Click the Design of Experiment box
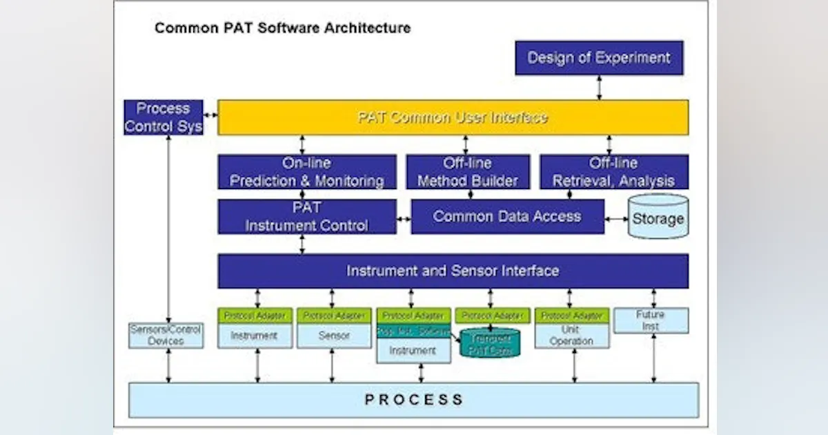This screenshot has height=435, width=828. [x=599, y=58]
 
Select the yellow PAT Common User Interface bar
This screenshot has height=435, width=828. [x=453, y=117]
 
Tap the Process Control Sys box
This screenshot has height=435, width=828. [x=164, y=117]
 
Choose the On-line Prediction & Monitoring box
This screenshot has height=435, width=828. [x=307, y=172]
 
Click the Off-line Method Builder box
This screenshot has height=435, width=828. [x=468, y=172]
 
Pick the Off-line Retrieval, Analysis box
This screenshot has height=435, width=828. [x=613, y=172]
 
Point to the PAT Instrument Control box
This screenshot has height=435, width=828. [x=307, y=217]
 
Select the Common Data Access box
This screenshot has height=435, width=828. [x=507, y=217]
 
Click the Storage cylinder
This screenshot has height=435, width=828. [x=658, y=217]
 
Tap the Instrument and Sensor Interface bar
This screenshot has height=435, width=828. [x=453, y=271]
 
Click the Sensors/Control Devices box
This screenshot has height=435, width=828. [x=166, y=336]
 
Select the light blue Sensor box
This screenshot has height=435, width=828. [x=334, y=336]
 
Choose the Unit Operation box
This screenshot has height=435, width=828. [x=571, y=336]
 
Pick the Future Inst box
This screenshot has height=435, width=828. [x=651, y=320]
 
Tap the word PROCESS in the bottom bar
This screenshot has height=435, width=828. [x=414, y=400]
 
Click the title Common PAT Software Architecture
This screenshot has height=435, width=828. [x=282, y=28]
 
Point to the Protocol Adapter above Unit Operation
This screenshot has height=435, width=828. [x=571, y=316]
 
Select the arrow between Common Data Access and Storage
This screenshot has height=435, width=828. [x=616, y=219]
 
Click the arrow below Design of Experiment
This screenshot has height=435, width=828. [x=599, y=88]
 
